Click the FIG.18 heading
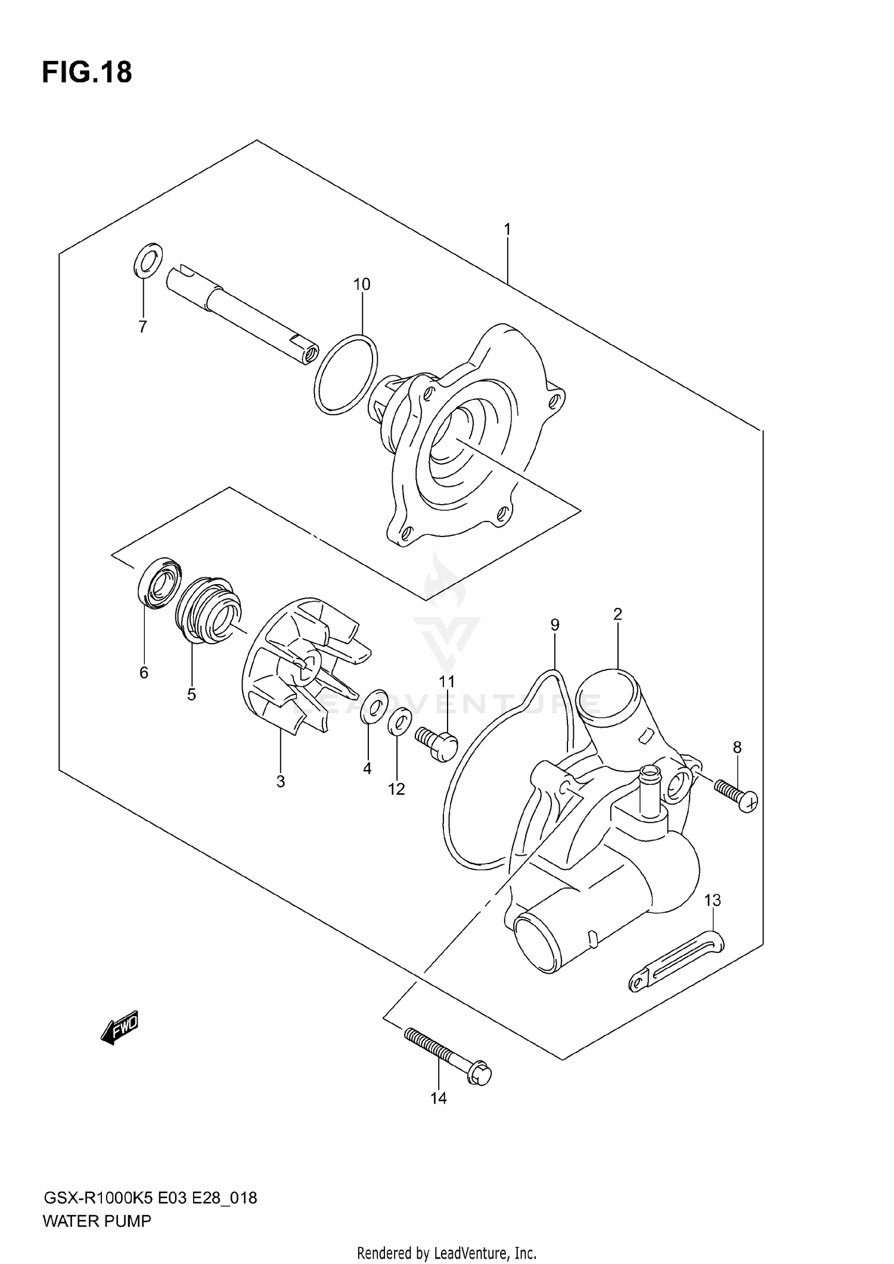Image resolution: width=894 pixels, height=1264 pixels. tap(87, 73)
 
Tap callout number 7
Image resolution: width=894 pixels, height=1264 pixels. tap(142, 327)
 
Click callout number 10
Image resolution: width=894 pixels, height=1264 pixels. tap(362, 284)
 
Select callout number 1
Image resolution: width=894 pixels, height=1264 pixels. tap(507, 229)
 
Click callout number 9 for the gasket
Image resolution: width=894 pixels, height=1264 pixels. tap(555, 625)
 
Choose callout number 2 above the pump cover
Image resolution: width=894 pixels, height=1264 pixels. tap(617, 614)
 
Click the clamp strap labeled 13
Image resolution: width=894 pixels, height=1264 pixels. tap(676, 963)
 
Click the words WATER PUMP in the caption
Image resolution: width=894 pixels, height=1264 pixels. tap(97, 1221)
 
